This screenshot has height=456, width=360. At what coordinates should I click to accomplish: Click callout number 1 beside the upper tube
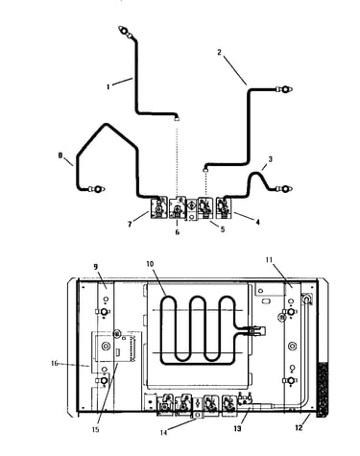(108, 86)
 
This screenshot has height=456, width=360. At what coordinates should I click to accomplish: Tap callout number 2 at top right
(219, 52)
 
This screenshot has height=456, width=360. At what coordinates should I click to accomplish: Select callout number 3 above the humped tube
(271, 159)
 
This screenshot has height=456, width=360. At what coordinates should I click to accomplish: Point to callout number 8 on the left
(60, 156)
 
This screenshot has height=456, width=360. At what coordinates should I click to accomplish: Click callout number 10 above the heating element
(150, 264)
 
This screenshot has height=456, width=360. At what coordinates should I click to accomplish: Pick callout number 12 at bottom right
(299, 428)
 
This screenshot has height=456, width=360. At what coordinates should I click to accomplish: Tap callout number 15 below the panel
(95, 430)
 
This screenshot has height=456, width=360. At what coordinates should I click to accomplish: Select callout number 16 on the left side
(55, 363)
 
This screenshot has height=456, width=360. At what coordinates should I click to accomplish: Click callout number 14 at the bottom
(164, 433)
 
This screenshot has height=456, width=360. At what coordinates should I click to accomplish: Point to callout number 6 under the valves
(178, 232)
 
